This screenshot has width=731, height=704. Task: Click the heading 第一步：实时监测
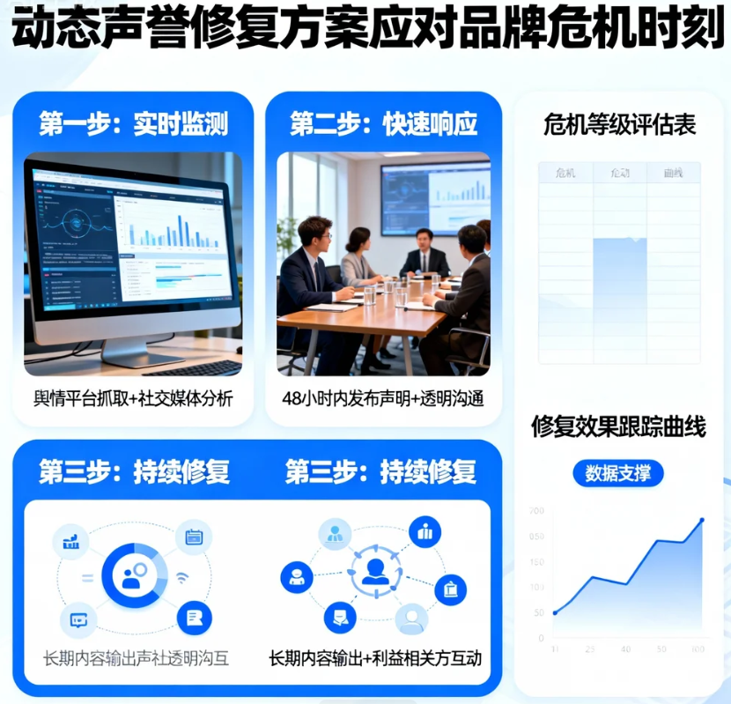[x=133, y=124]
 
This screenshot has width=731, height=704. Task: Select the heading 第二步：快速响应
[x=384, y=124]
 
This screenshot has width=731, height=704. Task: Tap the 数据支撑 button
[x=618, y=473]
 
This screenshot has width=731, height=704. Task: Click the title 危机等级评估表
[x=620, y=126]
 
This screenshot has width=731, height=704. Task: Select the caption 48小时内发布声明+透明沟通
[x=384, y=399]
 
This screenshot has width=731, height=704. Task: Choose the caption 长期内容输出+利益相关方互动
[x=375, y=658]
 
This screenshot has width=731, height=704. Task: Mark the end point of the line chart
[x=702, y=520]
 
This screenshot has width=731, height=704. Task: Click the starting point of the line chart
[x=555, y=612]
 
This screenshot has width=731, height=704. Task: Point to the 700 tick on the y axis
[x=536, y=511]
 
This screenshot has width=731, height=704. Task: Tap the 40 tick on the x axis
[x=625, y=649]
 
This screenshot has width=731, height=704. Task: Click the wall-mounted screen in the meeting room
[x=435, y=198]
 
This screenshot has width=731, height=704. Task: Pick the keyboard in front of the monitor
[x=192, y=367]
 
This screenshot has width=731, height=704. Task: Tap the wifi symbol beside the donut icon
[x=182, y=578]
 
